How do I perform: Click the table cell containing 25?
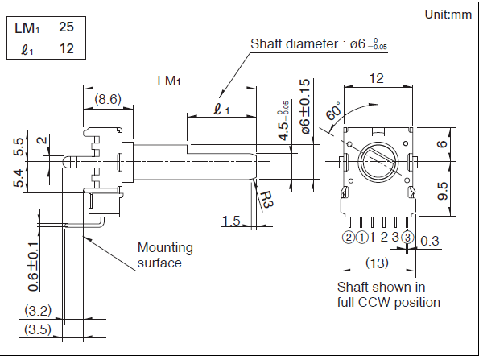[66, 27]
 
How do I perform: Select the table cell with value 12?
[66, 49]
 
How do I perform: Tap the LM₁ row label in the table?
[27, 28]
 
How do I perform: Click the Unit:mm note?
[448, 14]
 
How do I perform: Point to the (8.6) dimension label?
[108, 99]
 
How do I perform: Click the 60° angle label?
[333, 110]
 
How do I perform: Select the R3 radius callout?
[266, 199]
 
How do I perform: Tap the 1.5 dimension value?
[231, 221]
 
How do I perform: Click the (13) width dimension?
[377, 263]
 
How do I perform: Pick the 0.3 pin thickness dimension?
[430, 241]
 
